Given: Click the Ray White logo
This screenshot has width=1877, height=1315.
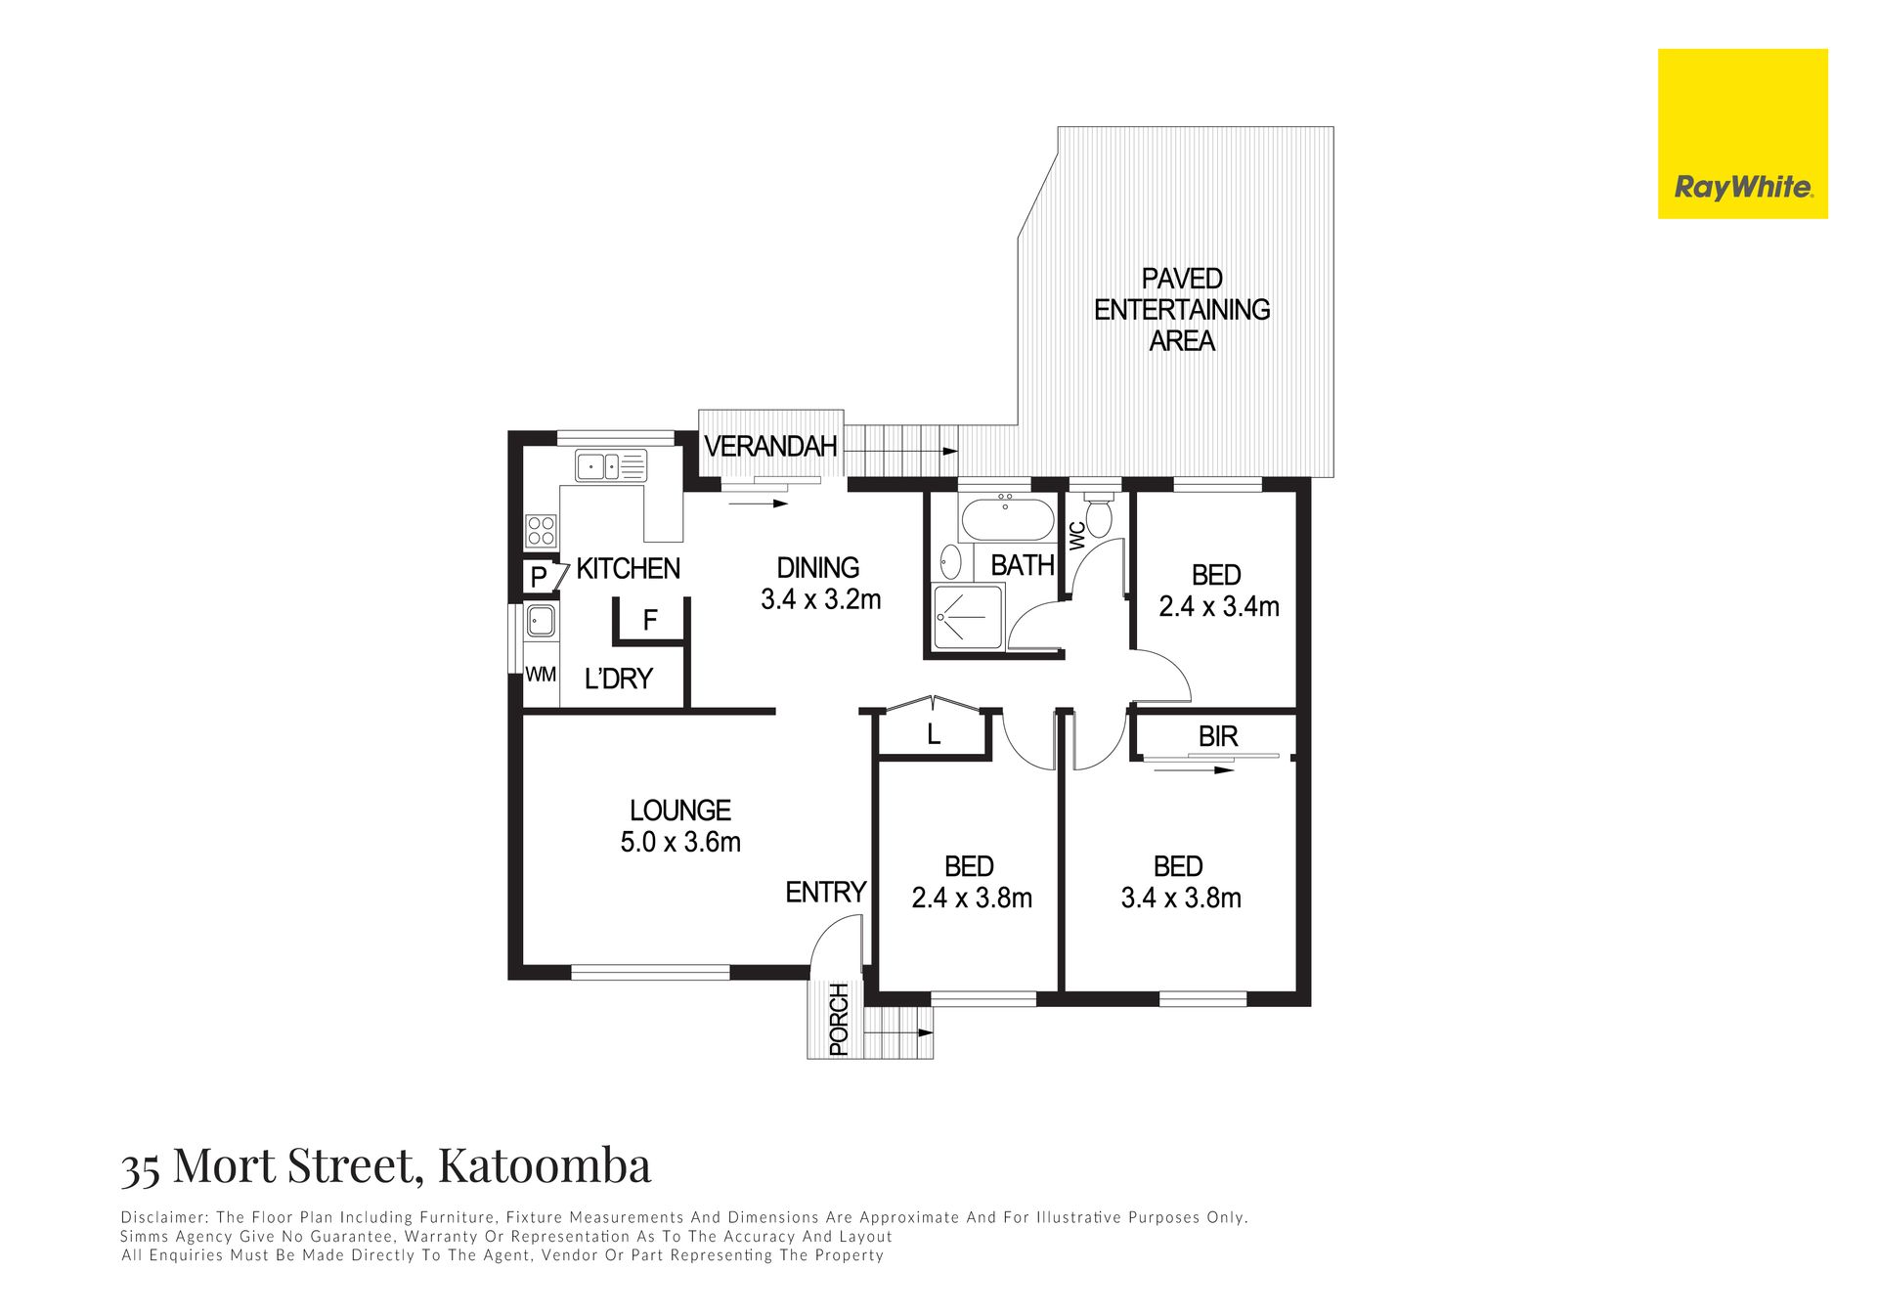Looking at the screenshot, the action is [x=1742, y=134].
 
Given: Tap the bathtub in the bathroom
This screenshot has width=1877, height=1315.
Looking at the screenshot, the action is [x=1007, y=519].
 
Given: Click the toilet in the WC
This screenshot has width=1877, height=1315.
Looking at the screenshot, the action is [x=1100, y=516].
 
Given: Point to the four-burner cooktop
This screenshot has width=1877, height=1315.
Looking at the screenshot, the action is [x=542, y=531].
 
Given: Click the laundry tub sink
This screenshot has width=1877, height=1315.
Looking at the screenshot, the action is [x=541, y=621].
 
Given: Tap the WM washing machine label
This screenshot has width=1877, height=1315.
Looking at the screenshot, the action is [x=541, y=675].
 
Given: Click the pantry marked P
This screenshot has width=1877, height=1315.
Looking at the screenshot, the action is [x=539, y=577].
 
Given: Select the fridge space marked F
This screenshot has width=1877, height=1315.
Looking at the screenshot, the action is [x=650, y=620].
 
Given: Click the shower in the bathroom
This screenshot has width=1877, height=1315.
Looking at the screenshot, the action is [x=968, y=616].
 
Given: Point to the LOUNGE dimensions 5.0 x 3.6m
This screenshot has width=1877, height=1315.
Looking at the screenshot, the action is [x=680, y=842].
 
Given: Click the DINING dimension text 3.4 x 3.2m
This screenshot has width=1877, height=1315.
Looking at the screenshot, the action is [x=821, y=599].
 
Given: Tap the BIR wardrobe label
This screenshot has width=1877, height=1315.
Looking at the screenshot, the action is [x=1218, y=736].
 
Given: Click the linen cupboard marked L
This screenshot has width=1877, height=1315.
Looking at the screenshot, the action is [x=934, y=734].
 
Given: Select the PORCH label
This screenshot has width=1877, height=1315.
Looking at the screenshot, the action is [x=839, y=1020].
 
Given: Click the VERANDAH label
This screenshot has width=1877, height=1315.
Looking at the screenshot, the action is [x=770, y=447].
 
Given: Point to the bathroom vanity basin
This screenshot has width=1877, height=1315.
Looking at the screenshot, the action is [x=949, y=562].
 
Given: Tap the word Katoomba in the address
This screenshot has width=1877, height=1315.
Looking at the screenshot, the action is [x=545, y=1165].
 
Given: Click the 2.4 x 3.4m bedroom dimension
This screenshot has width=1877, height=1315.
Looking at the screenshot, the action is [x=1219, y=607].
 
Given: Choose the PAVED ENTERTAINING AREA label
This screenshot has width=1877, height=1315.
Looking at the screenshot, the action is [x=1182, y=310].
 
